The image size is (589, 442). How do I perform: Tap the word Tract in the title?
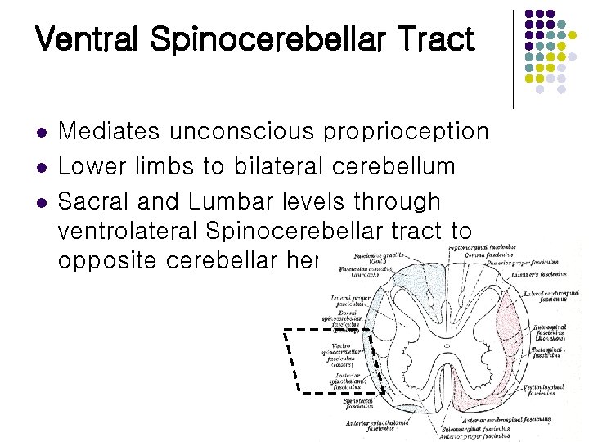438,38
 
